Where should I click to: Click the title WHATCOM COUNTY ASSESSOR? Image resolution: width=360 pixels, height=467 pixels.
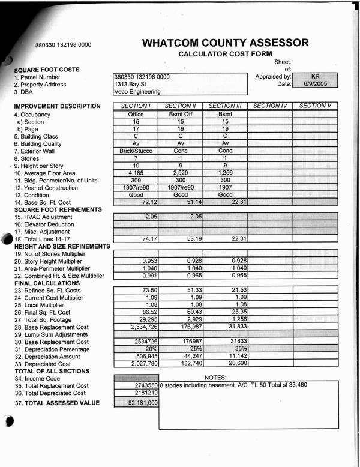[x=226, y=43]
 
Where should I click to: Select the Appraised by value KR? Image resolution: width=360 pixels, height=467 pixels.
[x=314, y=77]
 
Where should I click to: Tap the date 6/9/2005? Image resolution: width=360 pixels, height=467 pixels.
[x=314, y=85]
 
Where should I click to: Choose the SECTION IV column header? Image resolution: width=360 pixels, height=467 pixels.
[x=271, y=106]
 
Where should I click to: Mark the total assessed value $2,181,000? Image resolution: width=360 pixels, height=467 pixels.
[x=135, y=402]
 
